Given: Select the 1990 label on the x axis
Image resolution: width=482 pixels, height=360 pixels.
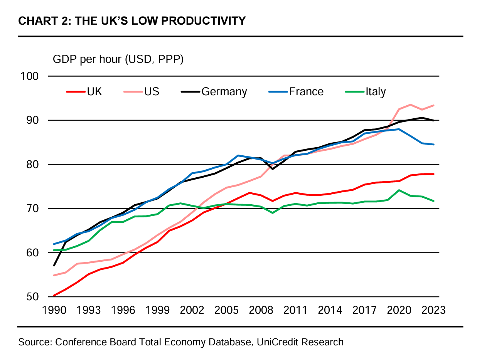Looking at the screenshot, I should pyautogui.click(x=54, y=310).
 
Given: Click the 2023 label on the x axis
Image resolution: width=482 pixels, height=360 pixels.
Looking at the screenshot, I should pyautogui.click(x=433, y=310).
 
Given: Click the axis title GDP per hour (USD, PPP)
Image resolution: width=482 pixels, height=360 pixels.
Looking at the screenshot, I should pyautogui.click(x=118, y=60).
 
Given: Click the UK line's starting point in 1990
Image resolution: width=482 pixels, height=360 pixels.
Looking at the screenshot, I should pyautogui.click(x=54, y=296).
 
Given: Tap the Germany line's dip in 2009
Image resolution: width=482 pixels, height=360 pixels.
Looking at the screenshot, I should pyautogui.click(x=273, y=169).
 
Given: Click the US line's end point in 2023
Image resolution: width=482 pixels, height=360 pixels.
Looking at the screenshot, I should pyautogui.click(x=434, y=105).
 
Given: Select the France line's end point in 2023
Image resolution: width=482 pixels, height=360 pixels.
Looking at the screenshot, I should pyautogui.click(x=434, y=145).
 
